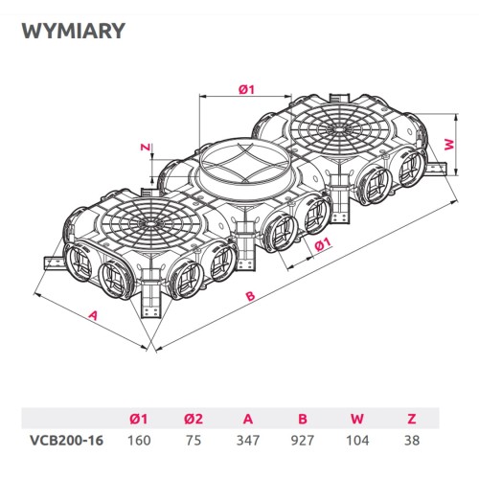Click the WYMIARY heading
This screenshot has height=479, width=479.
pyautogui.click(x=73, y=32)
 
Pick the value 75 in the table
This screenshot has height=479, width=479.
pyautogui.click(x=193, y=441)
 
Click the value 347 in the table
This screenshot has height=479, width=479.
pyautogui.click(x=249, y=441)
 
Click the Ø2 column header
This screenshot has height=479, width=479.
pyautogui.click(x=193, y=418)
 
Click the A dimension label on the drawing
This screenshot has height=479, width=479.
pyautogui.click(x=93, y=313)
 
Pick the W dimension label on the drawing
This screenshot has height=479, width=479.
pyautogui.click(x=448, y=145)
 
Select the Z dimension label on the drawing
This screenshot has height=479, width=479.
pyautogui.click(x=144, y=148)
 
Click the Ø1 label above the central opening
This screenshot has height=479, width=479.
pyautogui.click(x=244, y=89)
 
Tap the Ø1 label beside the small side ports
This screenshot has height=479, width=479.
pyautogui.click(x=322, y=243)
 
